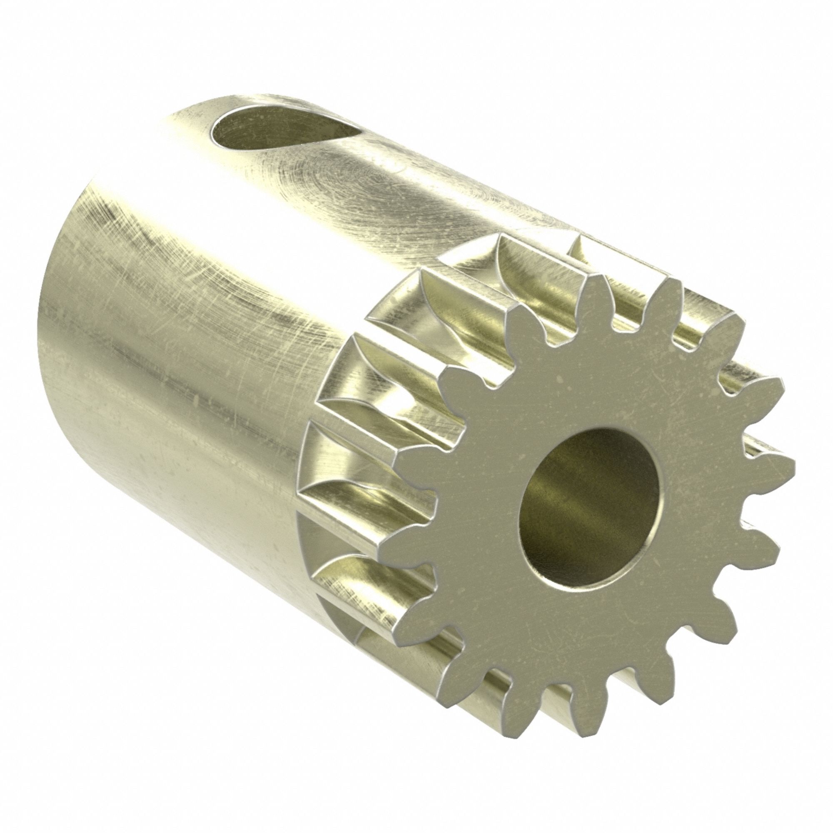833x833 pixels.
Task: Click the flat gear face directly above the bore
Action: (595, 388)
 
